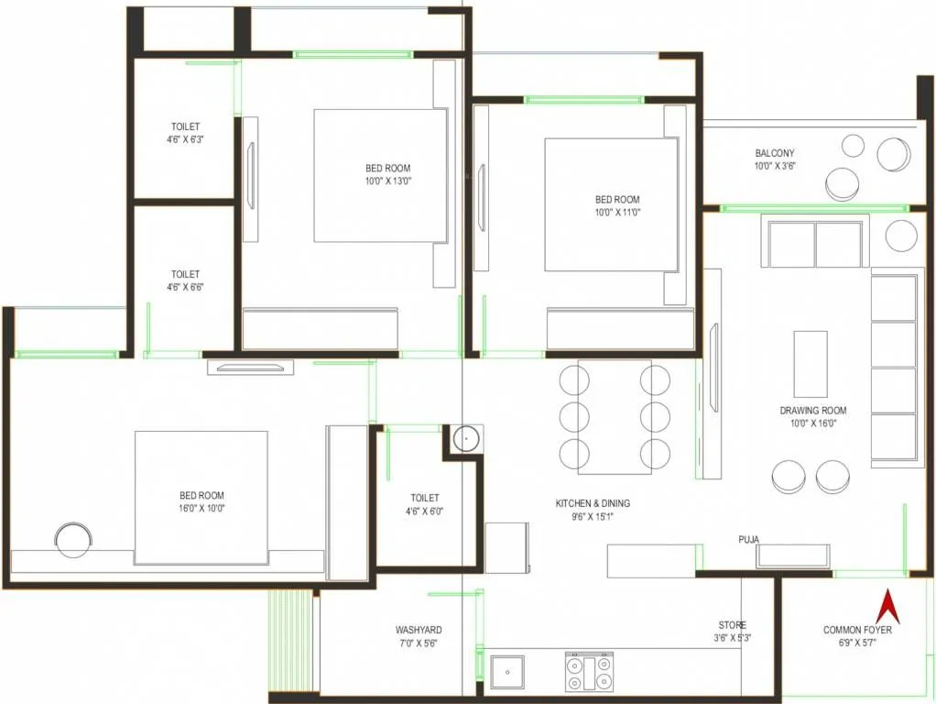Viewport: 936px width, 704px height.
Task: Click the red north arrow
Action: coord(886,607)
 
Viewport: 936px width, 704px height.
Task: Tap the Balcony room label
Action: coord(774,153)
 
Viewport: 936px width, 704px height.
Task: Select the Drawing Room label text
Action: coord(812,411)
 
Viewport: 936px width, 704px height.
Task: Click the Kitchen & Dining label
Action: coord(593,503)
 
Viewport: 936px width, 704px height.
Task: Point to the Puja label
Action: coord(748,539)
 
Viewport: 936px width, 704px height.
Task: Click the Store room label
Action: coord(731,624)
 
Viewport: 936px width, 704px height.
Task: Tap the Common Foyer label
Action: coord(857,630)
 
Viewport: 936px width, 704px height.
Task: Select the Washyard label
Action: coord(419,630)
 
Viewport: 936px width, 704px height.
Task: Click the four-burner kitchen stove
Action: coord(590,673)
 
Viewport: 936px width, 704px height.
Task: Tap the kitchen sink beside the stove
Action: coord(506,672)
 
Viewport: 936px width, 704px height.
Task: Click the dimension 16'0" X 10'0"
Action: coord(201,508)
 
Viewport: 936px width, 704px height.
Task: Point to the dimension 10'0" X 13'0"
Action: coord(388,181)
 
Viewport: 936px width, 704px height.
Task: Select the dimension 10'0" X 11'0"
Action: coord(617,212)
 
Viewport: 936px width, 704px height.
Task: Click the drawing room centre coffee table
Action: coord(810,364)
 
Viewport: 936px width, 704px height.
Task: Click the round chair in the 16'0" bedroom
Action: coord(72,539)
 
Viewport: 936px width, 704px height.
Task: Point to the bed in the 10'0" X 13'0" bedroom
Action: coord(380,176)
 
